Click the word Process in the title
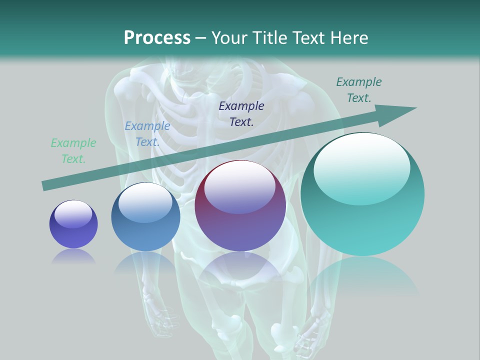pyautogui.click(x=157, y=38)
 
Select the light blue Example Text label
pyautogui.click(x=147, y=134)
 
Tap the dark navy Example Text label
pyautogui.click(x=241, y=113)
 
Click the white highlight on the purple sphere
pyautogui.click(x=240, y=187)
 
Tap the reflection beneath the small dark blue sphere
pyautogui.click(x=73, y=256)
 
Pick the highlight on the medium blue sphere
pyautogui.click(x=145, y=202)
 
